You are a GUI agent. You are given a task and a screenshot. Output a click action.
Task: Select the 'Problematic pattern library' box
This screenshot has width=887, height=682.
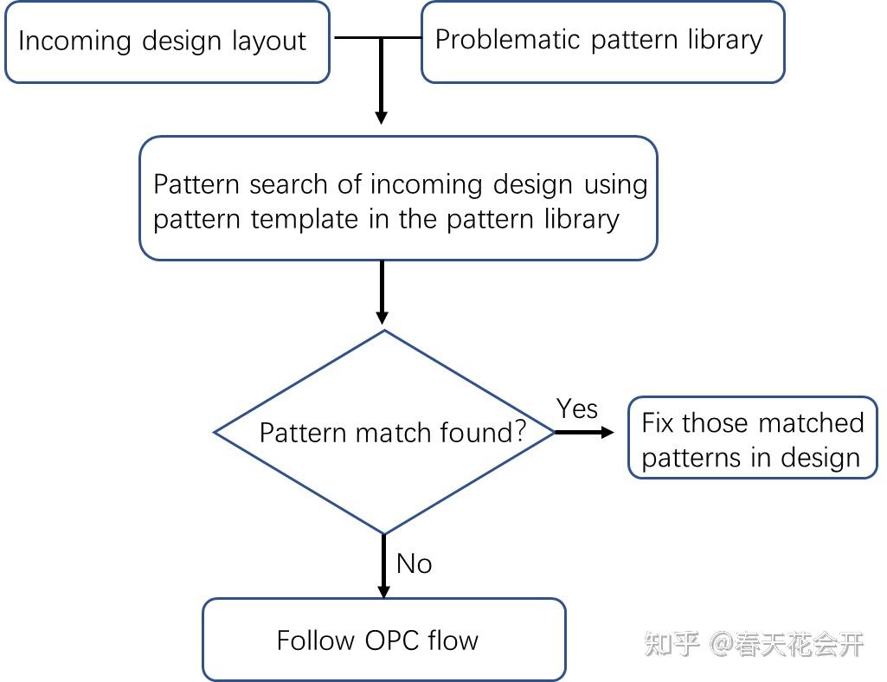[x=602, y=42]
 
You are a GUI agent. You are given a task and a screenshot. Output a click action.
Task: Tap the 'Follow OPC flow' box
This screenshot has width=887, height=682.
[x=383, y=640]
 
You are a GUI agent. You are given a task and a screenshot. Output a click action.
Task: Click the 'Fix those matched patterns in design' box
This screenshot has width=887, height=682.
[x=752, y=439]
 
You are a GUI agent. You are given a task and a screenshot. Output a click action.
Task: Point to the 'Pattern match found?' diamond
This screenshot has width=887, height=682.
[x=384, y=432]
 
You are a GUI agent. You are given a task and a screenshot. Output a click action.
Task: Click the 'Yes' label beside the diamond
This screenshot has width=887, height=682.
[x=576, y=408]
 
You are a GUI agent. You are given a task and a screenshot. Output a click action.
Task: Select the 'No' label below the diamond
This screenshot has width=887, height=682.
[x=414, y=563]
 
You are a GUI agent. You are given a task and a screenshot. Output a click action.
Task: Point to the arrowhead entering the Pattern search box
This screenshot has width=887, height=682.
[x=381, y=116]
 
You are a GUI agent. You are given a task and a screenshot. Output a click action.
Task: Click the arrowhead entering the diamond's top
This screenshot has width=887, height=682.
[x=382, y=315]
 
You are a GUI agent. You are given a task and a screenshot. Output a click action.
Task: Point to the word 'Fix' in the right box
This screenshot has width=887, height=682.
[x=658, y=422]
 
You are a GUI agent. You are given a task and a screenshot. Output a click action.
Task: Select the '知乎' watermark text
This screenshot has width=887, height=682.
[x=672, y=644]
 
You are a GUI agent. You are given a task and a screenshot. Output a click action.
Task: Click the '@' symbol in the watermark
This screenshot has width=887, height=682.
[x=723, y=644]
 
